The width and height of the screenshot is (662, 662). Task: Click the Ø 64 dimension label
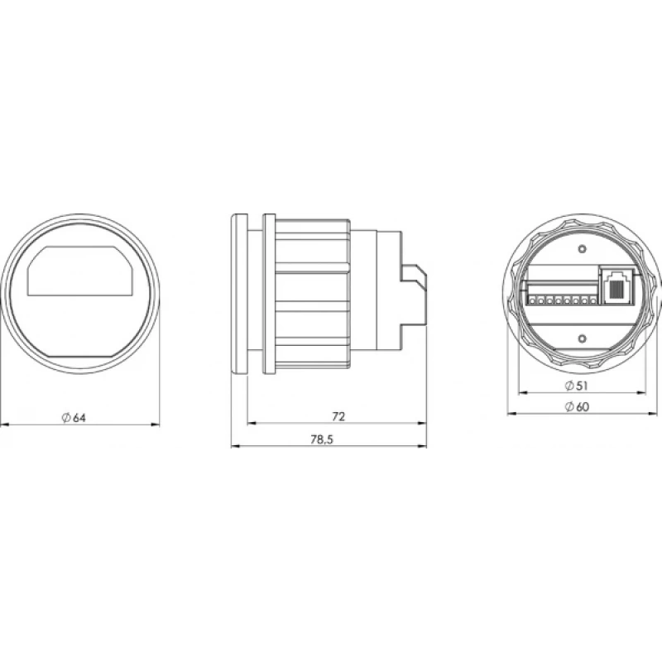74,418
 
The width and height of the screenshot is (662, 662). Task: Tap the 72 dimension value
338,417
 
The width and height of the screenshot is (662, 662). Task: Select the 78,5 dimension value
322,439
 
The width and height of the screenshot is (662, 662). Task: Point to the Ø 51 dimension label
576,386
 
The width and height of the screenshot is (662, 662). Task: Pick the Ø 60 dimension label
576,406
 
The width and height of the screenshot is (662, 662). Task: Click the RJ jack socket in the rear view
616,285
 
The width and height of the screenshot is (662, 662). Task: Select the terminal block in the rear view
562,294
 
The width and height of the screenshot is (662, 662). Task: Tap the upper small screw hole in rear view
583,249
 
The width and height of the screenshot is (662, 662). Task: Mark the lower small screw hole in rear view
583,338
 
